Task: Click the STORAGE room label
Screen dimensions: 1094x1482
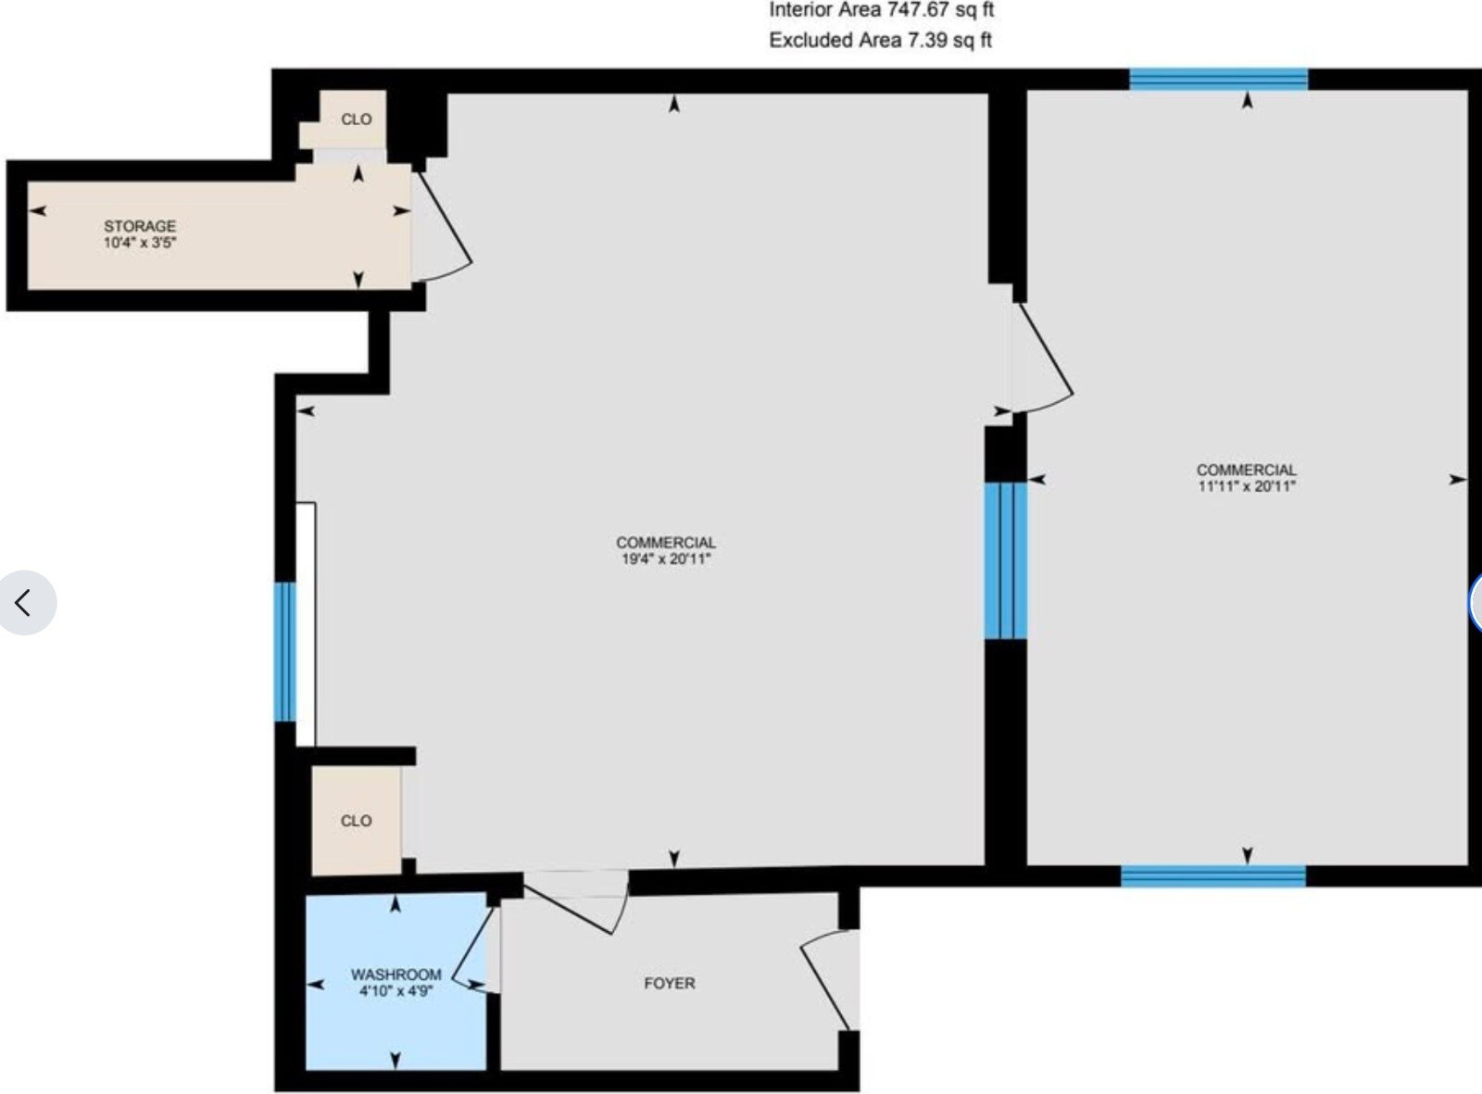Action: pyautogui.click(x=140, y=226)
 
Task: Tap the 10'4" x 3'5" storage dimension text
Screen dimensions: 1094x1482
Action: pyautogui.click(x=140, y=243)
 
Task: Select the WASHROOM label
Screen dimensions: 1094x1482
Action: pyautogui.click(x=396, y=975)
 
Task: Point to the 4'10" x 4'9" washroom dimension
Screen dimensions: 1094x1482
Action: pyautogui.click(x=396, y=991)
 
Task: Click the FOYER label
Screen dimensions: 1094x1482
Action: pyautogui.click(x=669, y=983)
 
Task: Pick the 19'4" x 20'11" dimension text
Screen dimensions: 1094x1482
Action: pyautogui.click(x=665, y=559)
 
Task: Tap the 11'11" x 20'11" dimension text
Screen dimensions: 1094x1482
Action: pyautogui.click(x=1246, y=485)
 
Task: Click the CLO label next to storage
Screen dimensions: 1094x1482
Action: pyautogui.click(x=356, y=119)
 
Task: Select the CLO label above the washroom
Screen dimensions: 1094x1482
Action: pyautogui.click(x=356, y=821)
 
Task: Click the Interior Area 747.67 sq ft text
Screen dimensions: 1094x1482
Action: pyautogui.click(x=881, y=11)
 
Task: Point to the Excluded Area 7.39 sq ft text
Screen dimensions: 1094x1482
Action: pyautogui.click(x=881, y=40)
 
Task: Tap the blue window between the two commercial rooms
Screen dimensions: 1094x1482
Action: pyautogui.click(x=1005, y=560)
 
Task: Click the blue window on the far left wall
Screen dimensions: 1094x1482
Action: pyautogui.click(x=285, y=651)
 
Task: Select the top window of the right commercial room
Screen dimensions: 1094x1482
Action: pyautogui.click(x=1218, y=80)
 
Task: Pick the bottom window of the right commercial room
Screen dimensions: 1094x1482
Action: pyautogui.click(x=1213, y=875)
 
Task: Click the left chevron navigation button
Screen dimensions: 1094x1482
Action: pyautogui.click(x=25, y=603)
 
